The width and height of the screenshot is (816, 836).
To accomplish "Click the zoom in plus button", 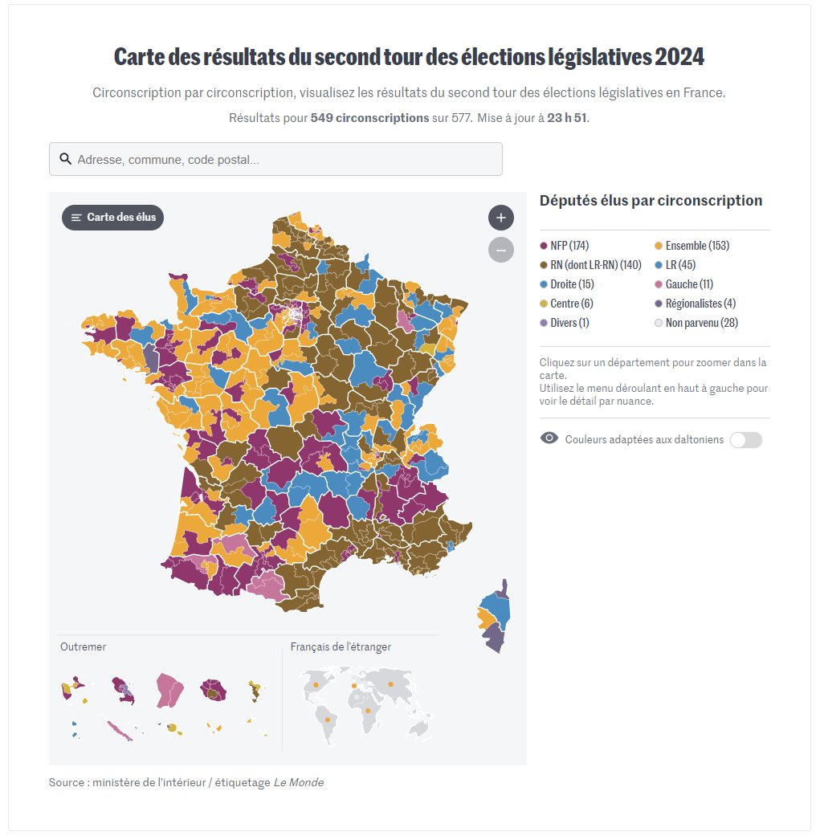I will [x=500, y=218].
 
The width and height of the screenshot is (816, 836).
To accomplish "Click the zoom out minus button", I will [x=500, y=250].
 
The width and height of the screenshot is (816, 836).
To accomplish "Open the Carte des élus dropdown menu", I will [x=113, y=218].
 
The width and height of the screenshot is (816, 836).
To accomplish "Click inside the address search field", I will [x=281, y=160].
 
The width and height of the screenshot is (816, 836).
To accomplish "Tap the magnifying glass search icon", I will [x=65, y=159].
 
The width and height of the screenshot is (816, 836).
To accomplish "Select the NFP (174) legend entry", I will [x=569, y=246].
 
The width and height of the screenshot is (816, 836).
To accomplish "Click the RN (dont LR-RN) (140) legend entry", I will [x=595, y=265].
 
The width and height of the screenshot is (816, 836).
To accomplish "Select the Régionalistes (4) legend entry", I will [x=700, y=304].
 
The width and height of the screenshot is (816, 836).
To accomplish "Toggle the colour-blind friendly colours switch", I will [x=745, y=440].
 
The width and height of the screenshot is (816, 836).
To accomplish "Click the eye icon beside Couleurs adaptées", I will [x=549, y=438].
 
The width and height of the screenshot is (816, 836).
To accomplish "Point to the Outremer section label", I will [x=83, y=646].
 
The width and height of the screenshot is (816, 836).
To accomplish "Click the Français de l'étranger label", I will [x=341, y=646].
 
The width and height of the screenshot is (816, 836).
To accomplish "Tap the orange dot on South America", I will [x=328, y=720].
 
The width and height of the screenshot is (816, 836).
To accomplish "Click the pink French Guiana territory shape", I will [x=170, y=690].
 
